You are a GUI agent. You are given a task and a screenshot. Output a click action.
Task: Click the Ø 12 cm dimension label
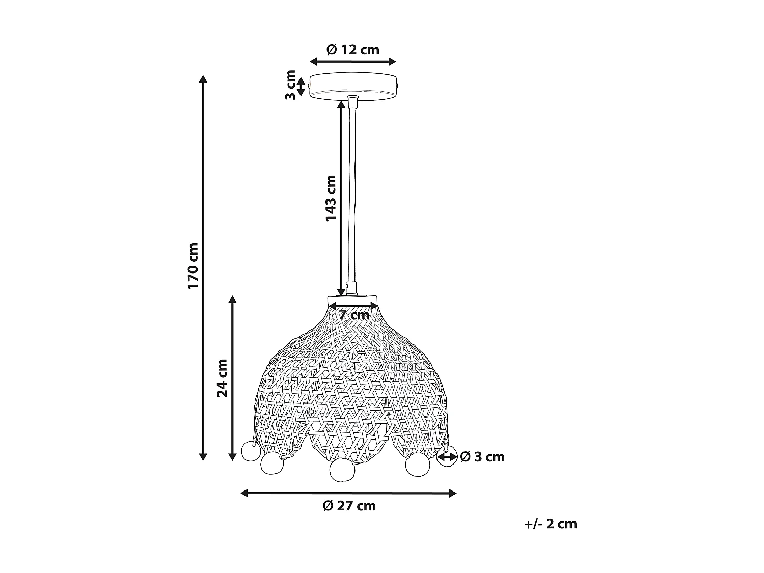(x=352, y=50)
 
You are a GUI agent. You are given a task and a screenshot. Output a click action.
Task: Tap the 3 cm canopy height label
(x=290, y=86)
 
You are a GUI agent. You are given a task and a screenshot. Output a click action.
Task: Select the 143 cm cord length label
(x=331, y=198)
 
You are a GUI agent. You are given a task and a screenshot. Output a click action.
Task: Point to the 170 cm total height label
(x=193, y=266)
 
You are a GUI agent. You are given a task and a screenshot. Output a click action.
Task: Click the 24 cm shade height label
(x=222, y=378)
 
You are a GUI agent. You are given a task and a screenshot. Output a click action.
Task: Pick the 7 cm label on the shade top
(x=354, y=315)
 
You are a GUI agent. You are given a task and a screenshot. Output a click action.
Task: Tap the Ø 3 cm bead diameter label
(x=482, y=457)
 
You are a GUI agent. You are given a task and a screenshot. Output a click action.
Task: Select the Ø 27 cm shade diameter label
(x=349, y=506)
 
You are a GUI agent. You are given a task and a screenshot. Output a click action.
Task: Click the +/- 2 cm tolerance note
(x=551, y=524)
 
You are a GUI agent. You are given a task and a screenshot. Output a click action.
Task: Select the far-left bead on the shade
(x=250, y=451)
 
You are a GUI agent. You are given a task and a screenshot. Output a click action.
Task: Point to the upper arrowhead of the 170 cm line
(x=203, y=79)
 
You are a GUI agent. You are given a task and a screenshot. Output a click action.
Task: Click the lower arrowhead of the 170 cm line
(x=203, y=457)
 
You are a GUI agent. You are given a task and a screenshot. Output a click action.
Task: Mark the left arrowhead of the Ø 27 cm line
(x=244, y=493)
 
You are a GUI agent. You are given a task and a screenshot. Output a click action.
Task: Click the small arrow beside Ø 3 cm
(x=447, y=457)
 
